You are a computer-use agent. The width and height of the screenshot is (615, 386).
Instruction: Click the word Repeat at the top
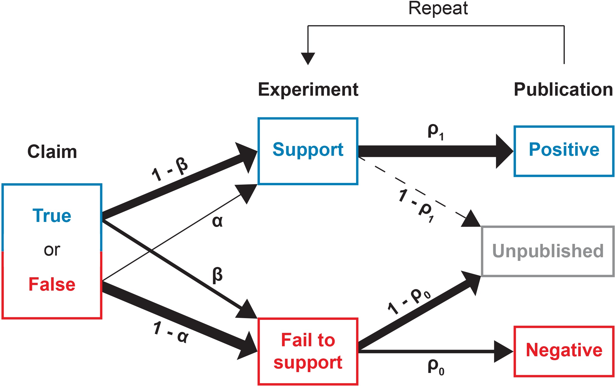[x=438, y=8]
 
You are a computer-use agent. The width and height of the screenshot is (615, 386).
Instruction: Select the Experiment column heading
[x=308, y=90]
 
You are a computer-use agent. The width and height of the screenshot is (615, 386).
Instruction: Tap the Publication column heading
[x=563, y=90]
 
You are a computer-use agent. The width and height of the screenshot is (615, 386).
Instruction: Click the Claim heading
[x=52, y=152]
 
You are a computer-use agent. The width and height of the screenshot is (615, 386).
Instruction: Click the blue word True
[x=52, y=216]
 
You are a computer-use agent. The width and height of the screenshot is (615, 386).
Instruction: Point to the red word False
[x=52, y=284]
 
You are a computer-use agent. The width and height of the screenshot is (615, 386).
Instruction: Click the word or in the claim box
[x=52, y=250]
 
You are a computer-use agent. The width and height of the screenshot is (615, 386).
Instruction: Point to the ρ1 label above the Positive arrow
[x=436, y=131]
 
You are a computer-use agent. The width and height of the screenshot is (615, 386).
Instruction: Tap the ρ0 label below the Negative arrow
[x=436, y=367]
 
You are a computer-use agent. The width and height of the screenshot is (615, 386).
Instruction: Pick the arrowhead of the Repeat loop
[x=308, y=58]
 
